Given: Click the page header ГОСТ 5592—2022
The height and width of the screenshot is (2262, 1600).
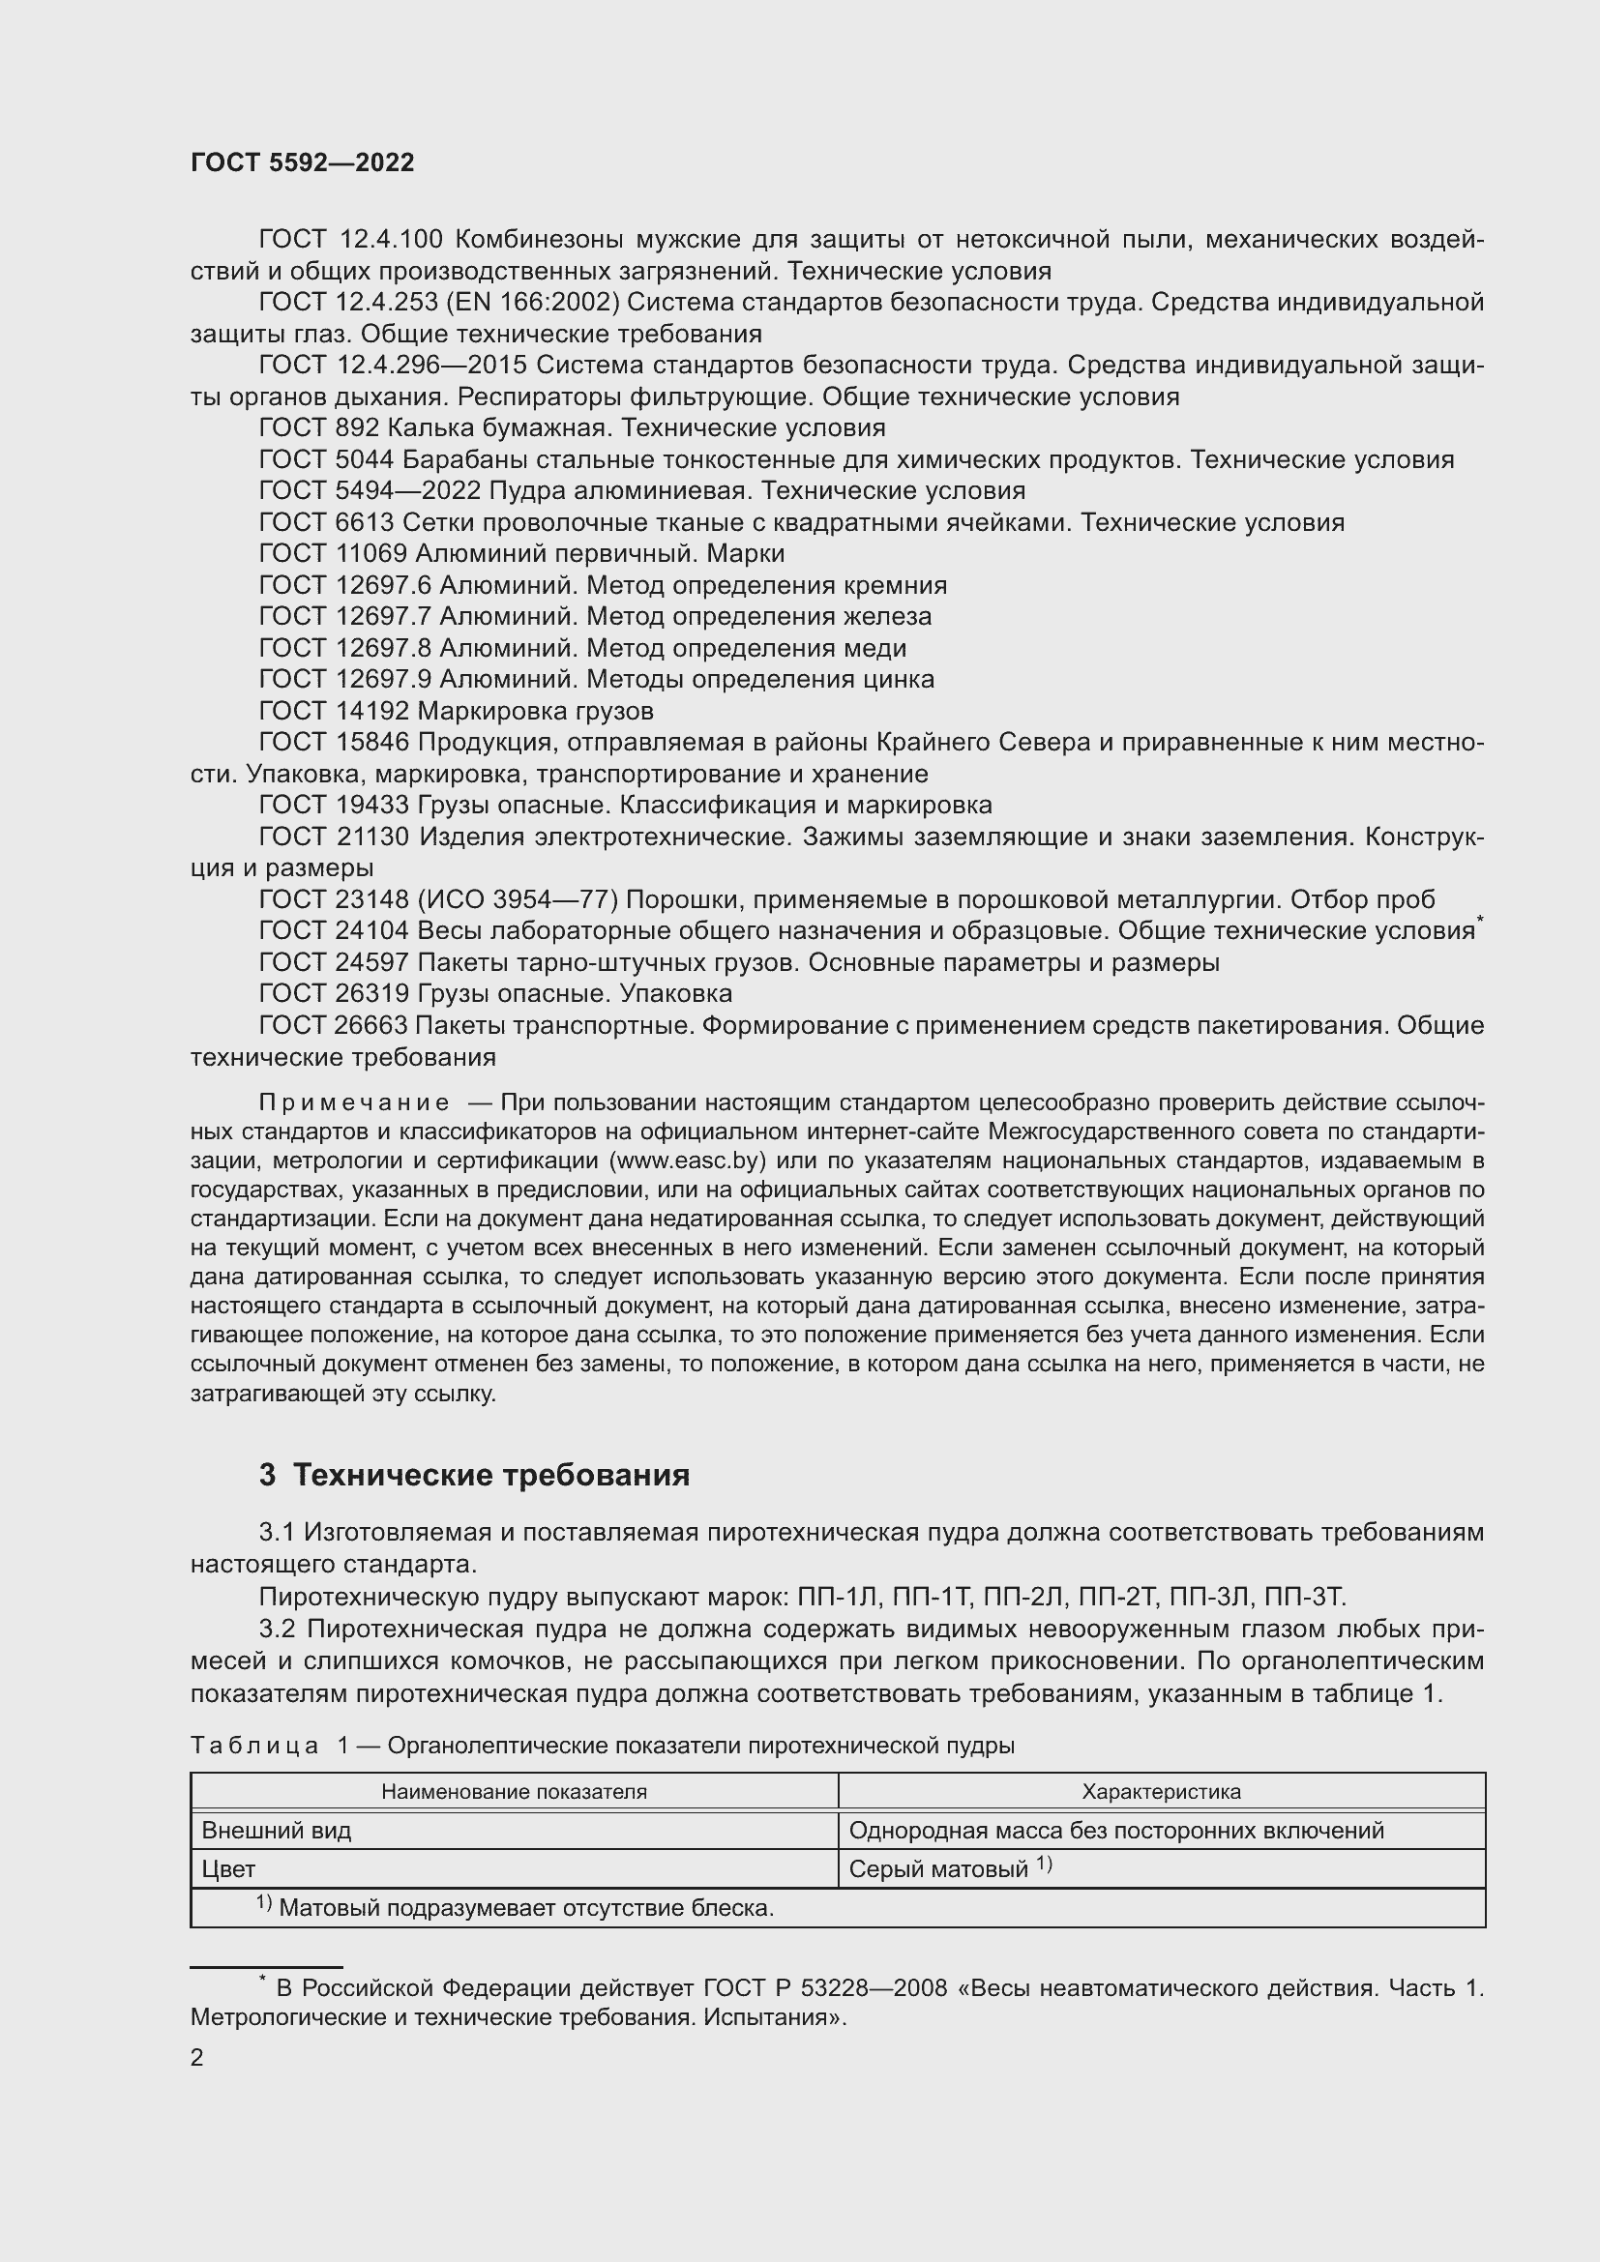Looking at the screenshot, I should [302, 163].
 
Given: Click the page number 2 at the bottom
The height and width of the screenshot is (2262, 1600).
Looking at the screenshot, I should [197, 2057].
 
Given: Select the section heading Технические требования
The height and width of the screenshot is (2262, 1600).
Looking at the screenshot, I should [490, 1475].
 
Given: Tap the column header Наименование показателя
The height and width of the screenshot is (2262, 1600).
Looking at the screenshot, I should [514, 1792].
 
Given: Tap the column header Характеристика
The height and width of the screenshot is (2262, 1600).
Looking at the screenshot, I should [1161, 1792].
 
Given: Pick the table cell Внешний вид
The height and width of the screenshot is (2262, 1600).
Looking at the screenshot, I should [276, 1831].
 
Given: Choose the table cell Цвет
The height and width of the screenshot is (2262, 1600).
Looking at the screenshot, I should [228, 1869].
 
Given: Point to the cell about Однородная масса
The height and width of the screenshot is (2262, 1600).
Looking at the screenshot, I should [1115, 1831].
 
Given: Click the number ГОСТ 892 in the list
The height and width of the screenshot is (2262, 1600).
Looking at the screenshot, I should [318, 427].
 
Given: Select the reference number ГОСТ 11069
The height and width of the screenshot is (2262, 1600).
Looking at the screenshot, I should [333, 554].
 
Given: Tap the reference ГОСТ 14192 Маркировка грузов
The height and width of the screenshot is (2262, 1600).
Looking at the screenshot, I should [456, 712].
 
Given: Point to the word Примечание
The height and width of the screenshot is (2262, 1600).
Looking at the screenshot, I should [354, 1102].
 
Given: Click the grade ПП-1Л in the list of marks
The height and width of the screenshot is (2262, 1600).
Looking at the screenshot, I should [831, 1596].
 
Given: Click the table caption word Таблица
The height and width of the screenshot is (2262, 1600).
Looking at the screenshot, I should [253, 1746].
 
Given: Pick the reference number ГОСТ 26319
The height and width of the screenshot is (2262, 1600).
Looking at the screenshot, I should [333, 993].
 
